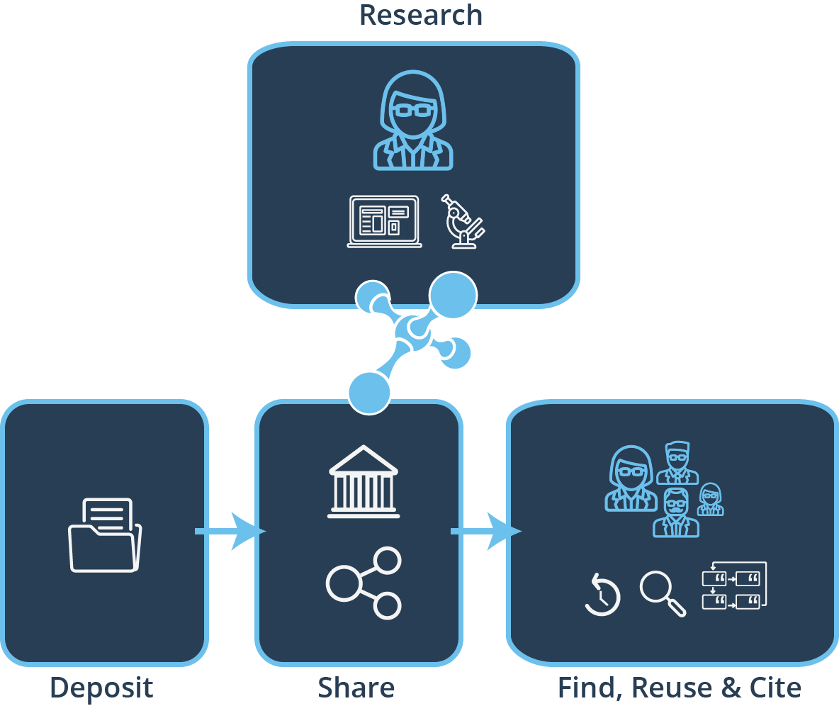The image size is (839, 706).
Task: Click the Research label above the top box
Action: [x=421, y=15]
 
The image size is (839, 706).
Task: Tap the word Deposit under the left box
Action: [x=101, y=688]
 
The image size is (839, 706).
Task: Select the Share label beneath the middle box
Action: [x=356, y=688]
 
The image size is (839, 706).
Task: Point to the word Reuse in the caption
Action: [x=671, y=688]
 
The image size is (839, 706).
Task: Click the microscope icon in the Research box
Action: [x=463, y=221]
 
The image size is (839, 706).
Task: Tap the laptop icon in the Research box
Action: [x=384, y=221]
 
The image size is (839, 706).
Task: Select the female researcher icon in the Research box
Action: [x=413, y=121]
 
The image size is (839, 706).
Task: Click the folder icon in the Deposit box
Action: [x=105, y=535]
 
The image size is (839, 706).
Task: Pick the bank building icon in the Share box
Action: [x=364, y=482]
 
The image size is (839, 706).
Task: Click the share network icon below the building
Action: [x=364, y=583]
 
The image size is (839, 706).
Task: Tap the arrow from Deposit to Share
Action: [x=230, y=531]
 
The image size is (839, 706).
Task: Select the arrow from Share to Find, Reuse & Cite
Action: [x=486, y=531]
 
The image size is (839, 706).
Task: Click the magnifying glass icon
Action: [x=663, y=594]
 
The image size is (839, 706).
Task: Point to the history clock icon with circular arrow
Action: [x=602, y=595]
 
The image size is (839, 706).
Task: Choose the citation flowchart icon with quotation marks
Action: [x=734, y=585]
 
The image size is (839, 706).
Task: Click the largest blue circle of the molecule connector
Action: [x=454, y=295]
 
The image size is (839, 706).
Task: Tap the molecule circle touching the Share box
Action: [x=369, y=393]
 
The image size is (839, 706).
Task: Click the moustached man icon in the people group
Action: [x=676, y=512]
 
